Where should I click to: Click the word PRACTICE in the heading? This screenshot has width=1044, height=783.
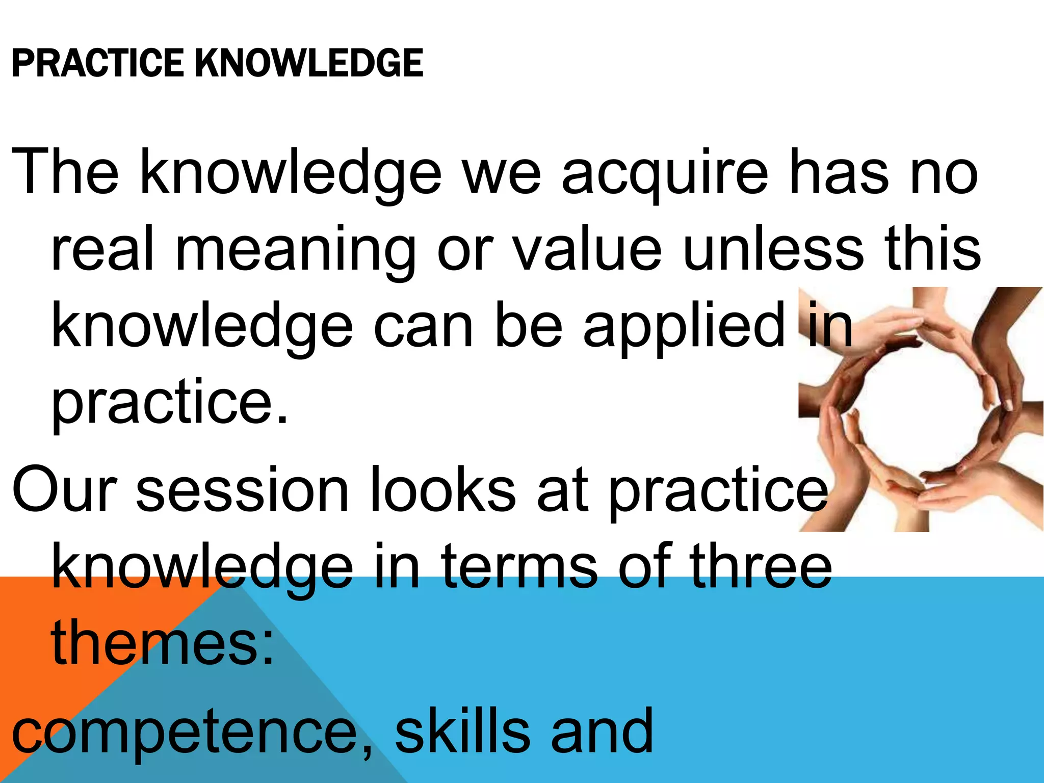pyautogui.click(x=97, y=63)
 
